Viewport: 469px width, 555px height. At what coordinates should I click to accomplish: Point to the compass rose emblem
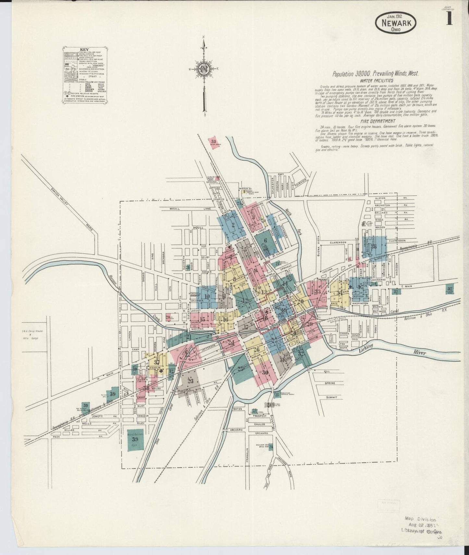click(204, 69)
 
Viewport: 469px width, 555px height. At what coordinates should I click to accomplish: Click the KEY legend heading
click(84, 50)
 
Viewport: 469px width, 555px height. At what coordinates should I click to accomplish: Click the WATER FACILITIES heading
click(376, 80)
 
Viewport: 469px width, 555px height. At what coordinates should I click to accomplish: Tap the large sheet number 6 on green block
click(265, 240)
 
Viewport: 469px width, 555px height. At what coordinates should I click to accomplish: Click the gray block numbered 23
click(190, 380)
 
